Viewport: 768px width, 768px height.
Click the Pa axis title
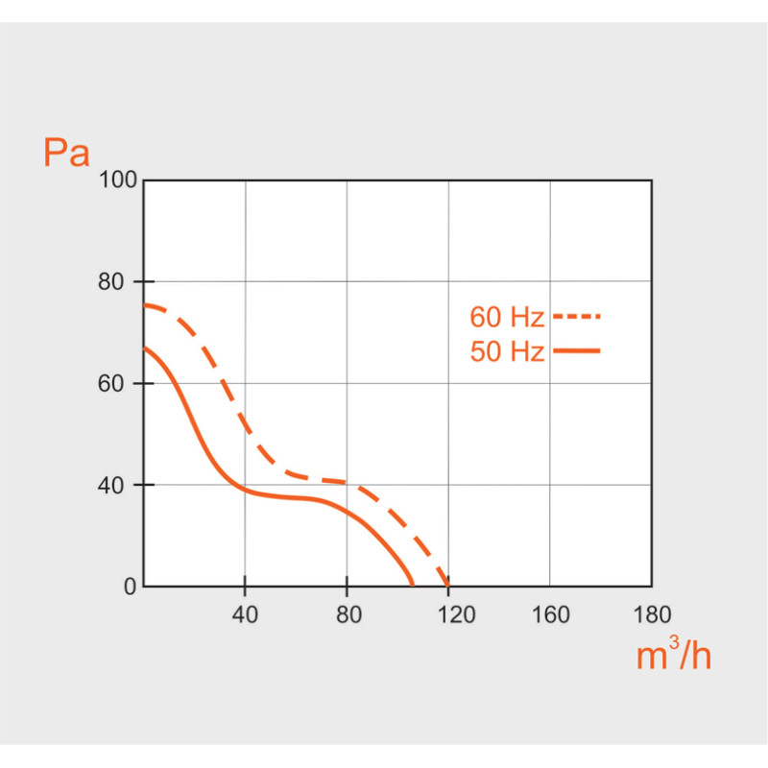[x=66, y=153]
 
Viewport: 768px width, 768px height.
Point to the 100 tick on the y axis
[x=119, y=180]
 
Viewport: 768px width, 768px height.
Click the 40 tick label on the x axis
[x=245, y=613]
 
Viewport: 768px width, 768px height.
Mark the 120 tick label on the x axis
[x=448, y=613]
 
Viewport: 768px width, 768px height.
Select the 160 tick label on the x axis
[x=550, y=613]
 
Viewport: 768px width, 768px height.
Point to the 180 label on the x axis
[x=652, y=613]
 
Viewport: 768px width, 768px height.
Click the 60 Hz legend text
[x=507, y=317]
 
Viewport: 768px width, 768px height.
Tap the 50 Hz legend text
[x=507, y=352]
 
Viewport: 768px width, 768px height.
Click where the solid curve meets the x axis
[x=413, y=585]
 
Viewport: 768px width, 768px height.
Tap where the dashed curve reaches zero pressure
[x=448, y=585]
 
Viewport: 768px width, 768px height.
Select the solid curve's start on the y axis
[x=144, y=348]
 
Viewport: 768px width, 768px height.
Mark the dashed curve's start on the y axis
[x=144, y=305]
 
